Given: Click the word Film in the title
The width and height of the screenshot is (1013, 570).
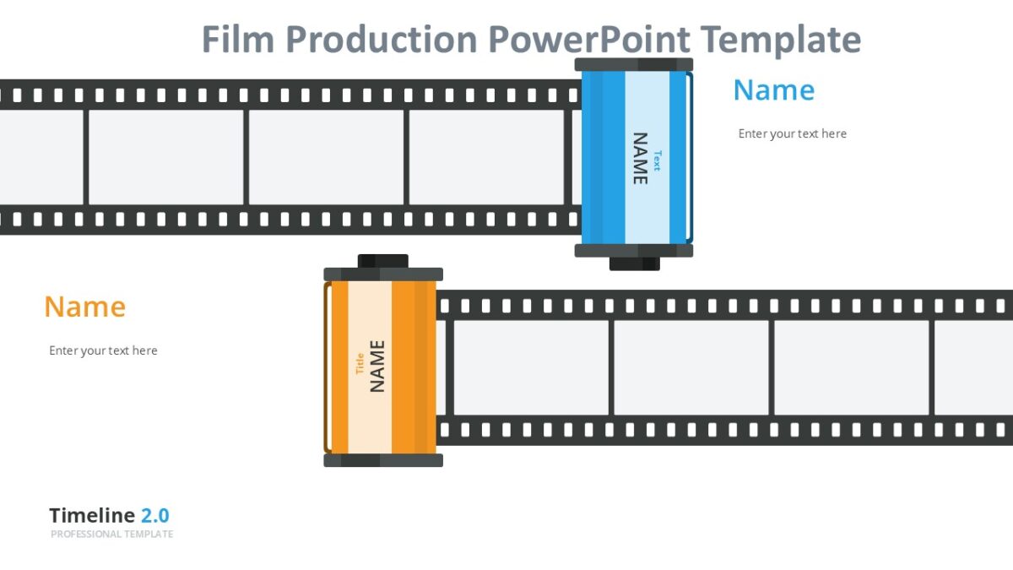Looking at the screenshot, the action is click(238, 40).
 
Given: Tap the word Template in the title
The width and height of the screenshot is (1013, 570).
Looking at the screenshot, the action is click(780, 40).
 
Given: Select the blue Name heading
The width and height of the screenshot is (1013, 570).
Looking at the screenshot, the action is click(773, 90).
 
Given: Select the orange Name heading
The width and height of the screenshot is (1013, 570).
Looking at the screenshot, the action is click(84, 307).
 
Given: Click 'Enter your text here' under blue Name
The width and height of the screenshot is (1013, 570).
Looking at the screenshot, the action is click(792, 133).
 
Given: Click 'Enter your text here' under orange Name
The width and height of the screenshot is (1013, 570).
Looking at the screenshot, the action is click(103, 350).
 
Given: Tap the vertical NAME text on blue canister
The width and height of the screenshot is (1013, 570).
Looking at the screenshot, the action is click(640, 158).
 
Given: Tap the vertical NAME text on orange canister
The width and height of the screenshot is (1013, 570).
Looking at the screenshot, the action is click(377, 366).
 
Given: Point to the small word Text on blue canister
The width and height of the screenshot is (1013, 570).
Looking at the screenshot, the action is click(657, 160).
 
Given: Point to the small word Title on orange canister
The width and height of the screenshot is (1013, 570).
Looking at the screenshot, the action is click(360, 363).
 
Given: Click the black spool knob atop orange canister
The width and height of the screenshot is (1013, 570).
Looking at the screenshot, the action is click(382, 261).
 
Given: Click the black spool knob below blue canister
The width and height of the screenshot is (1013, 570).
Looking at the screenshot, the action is click(634, 263).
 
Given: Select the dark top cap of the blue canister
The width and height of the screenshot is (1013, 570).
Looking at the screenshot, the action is click(633, 64).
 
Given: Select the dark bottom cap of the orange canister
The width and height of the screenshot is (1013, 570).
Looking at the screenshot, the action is click(383, 460).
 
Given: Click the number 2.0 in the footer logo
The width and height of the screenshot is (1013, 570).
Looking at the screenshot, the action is click(154, 516).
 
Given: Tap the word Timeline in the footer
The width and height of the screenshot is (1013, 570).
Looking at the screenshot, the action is click(92, 516).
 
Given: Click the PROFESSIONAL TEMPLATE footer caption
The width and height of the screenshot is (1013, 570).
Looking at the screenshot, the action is click(111, 535).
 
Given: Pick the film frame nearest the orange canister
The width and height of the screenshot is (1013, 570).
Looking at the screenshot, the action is click(530, 367).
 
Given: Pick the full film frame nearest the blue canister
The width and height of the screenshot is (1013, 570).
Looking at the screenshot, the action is click(486, 158).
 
